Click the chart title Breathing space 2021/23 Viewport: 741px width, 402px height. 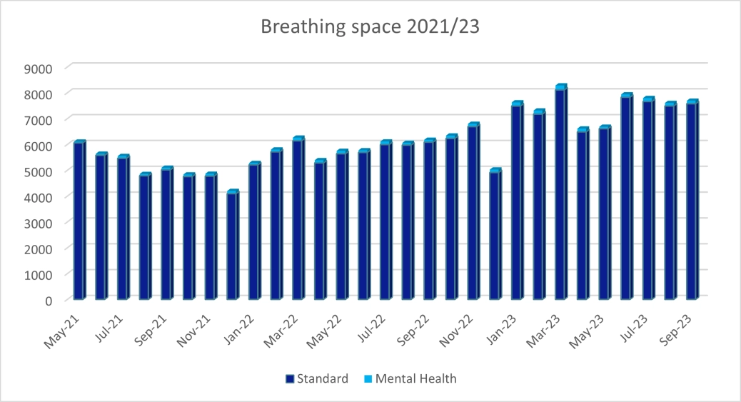(370, 27)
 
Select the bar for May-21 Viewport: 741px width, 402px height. (79, 221)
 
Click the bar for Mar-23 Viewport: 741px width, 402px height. (560, 193)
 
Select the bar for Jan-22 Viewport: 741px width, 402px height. (254, 231)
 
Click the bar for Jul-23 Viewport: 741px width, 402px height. (647, 200)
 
